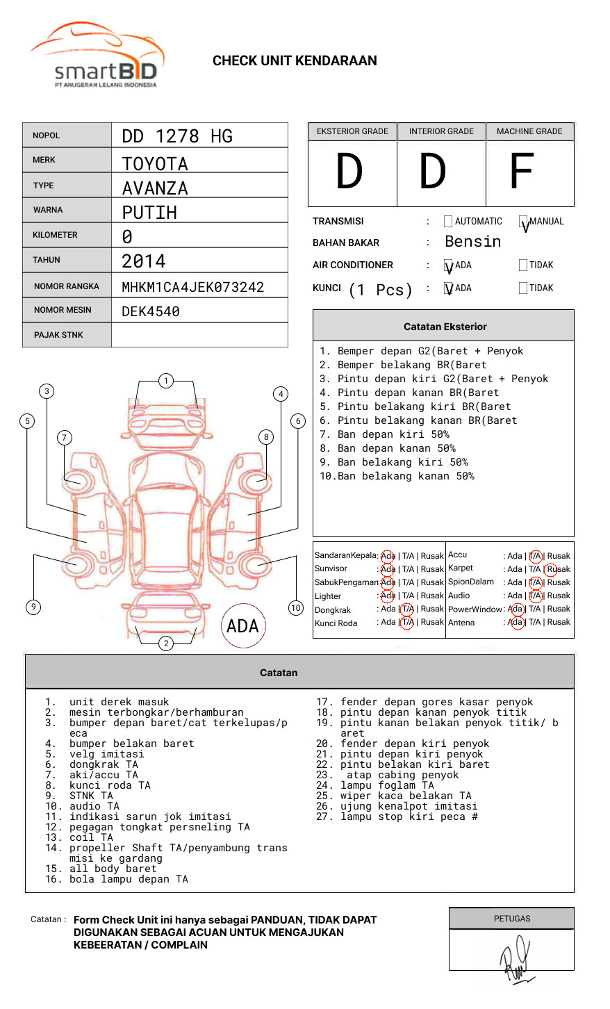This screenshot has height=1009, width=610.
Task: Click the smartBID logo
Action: click(x=97, y=56)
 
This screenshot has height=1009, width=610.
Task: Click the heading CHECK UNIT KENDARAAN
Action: click(x=295, y=61)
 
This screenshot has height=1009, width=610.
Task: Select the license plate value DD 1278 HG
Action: click(x=177, y=136)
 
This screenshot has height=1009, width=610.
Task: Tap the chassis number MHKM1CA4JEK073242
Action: click(x=192, y=287)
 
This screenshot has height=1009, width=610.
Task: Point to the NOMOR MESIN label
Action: click(x=63, y=310)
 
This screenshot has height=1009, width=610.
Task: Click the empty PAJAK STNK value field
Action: click(x=199, y=335)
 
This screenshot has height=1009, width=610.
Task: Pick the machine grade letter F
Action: click(x=521, y=172)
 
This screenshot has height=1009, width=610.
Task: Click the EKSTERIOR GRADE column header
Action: click(x=352, y=131)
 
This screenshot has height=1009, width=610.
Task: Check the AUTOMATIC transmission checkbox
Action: click(x=448, y=222)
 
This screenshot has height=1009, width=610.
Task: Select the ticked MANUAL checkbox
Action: click(x=523, y=222)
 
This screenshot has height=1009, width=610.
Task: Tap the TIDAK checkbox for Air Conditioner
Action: click(x=523, y=265)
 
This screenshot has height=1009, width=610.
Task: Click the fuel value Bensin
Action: click(x=472, y=242)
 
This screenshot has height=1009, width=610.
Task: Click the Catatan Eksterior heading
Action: click(x=445, y=327)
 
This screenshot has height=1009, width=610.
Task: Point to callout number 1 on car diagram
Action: click(x=165, y=381)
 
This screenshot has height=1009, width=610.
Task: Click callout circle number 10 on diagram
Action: click(x=296, y=608)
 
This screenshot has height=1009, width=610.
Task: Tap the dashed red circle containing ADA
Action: click(x=242, y=626)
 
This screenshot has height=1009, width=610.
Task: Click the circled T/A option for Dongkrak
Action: click(x=407, y=609)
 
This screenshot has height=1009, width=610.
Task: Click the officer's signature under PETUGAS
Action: click(x=514, y=959)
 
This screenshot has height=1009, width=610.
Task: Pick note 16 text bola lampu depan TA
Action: click(x=129, y=879)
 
